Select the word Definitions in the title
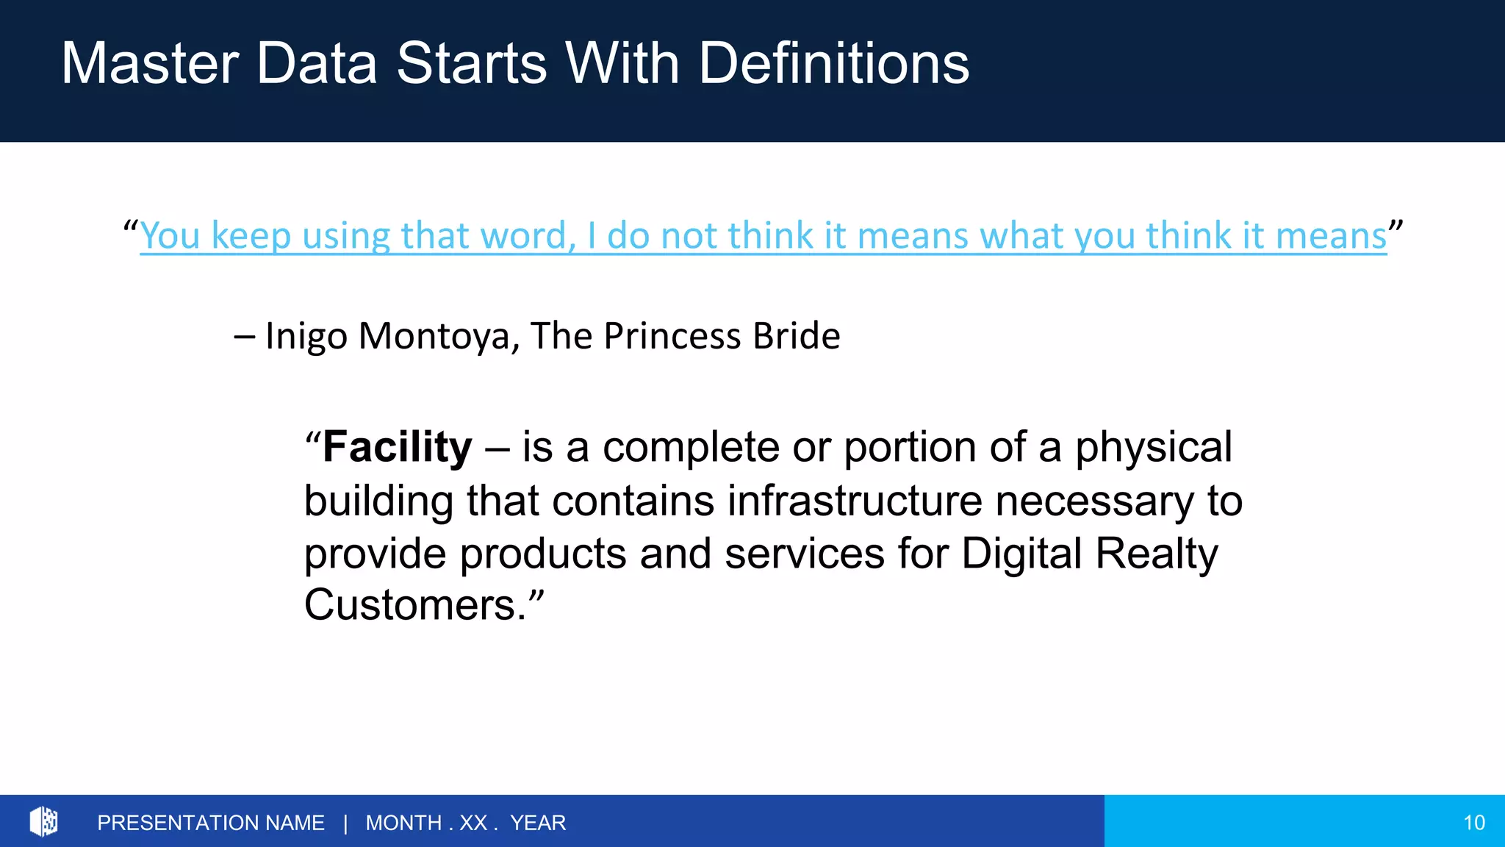833,63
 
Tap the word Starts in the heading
472,63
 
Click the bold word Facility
397,447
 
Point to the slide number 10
1473,823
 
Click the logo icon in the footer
43,821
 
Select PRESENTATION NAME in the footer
210,823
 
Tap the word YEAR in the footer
538,823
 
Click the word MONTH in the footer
403,823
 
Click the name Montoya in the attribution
439,336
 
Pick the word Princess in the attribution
672,336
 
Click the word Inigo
306,337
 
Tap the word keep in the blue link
251,236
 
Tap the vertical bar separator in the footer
345,823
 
